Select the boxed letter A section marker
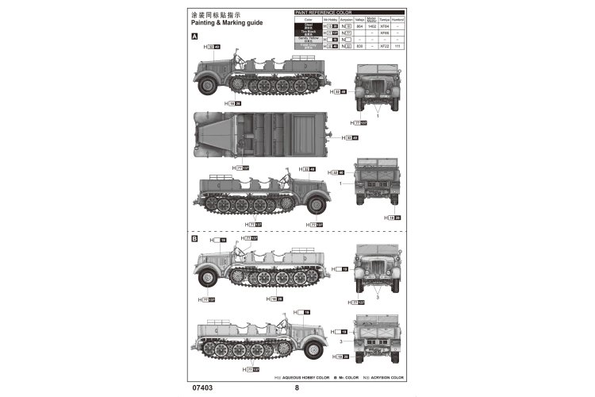[x=194, y=37]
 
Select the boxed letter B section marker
[x=194, y=238]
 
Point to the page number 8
[x=297, y=388]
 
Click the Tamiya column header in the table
[x=384, y=19]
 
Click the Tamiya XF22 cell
[x=384, y=46]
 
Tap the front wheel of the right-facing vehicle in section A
[x=317, y=205]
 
